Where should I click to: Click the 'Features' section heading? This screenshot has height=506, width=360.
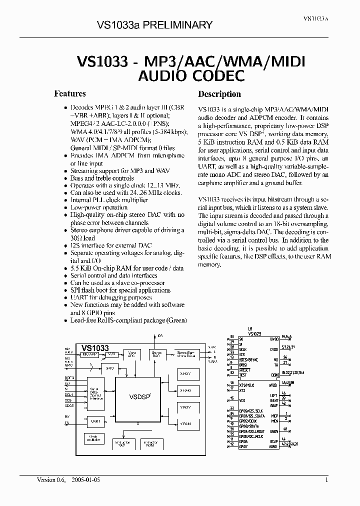point(69,93)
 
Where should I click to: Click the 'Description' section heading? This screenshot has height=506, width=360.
point(219,94)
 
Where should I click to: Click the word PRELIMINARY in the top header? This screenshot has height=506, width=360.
point(175,25)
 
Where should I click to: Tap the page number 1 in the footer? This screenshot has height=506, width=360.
point(326,480)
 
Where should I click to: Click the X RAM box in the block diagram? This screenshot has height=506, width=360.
point(185,389)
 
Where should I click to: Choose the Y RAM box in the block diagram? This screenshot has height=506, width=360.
point(185,424)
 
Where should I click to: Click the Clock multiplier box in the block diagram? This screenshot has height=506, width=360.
point(93,438)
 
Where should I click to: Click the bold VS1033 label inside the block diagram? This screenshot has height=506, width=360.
point(92,347)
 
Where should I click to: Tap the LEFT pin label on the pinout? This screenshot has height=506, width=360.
point(274,395)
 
